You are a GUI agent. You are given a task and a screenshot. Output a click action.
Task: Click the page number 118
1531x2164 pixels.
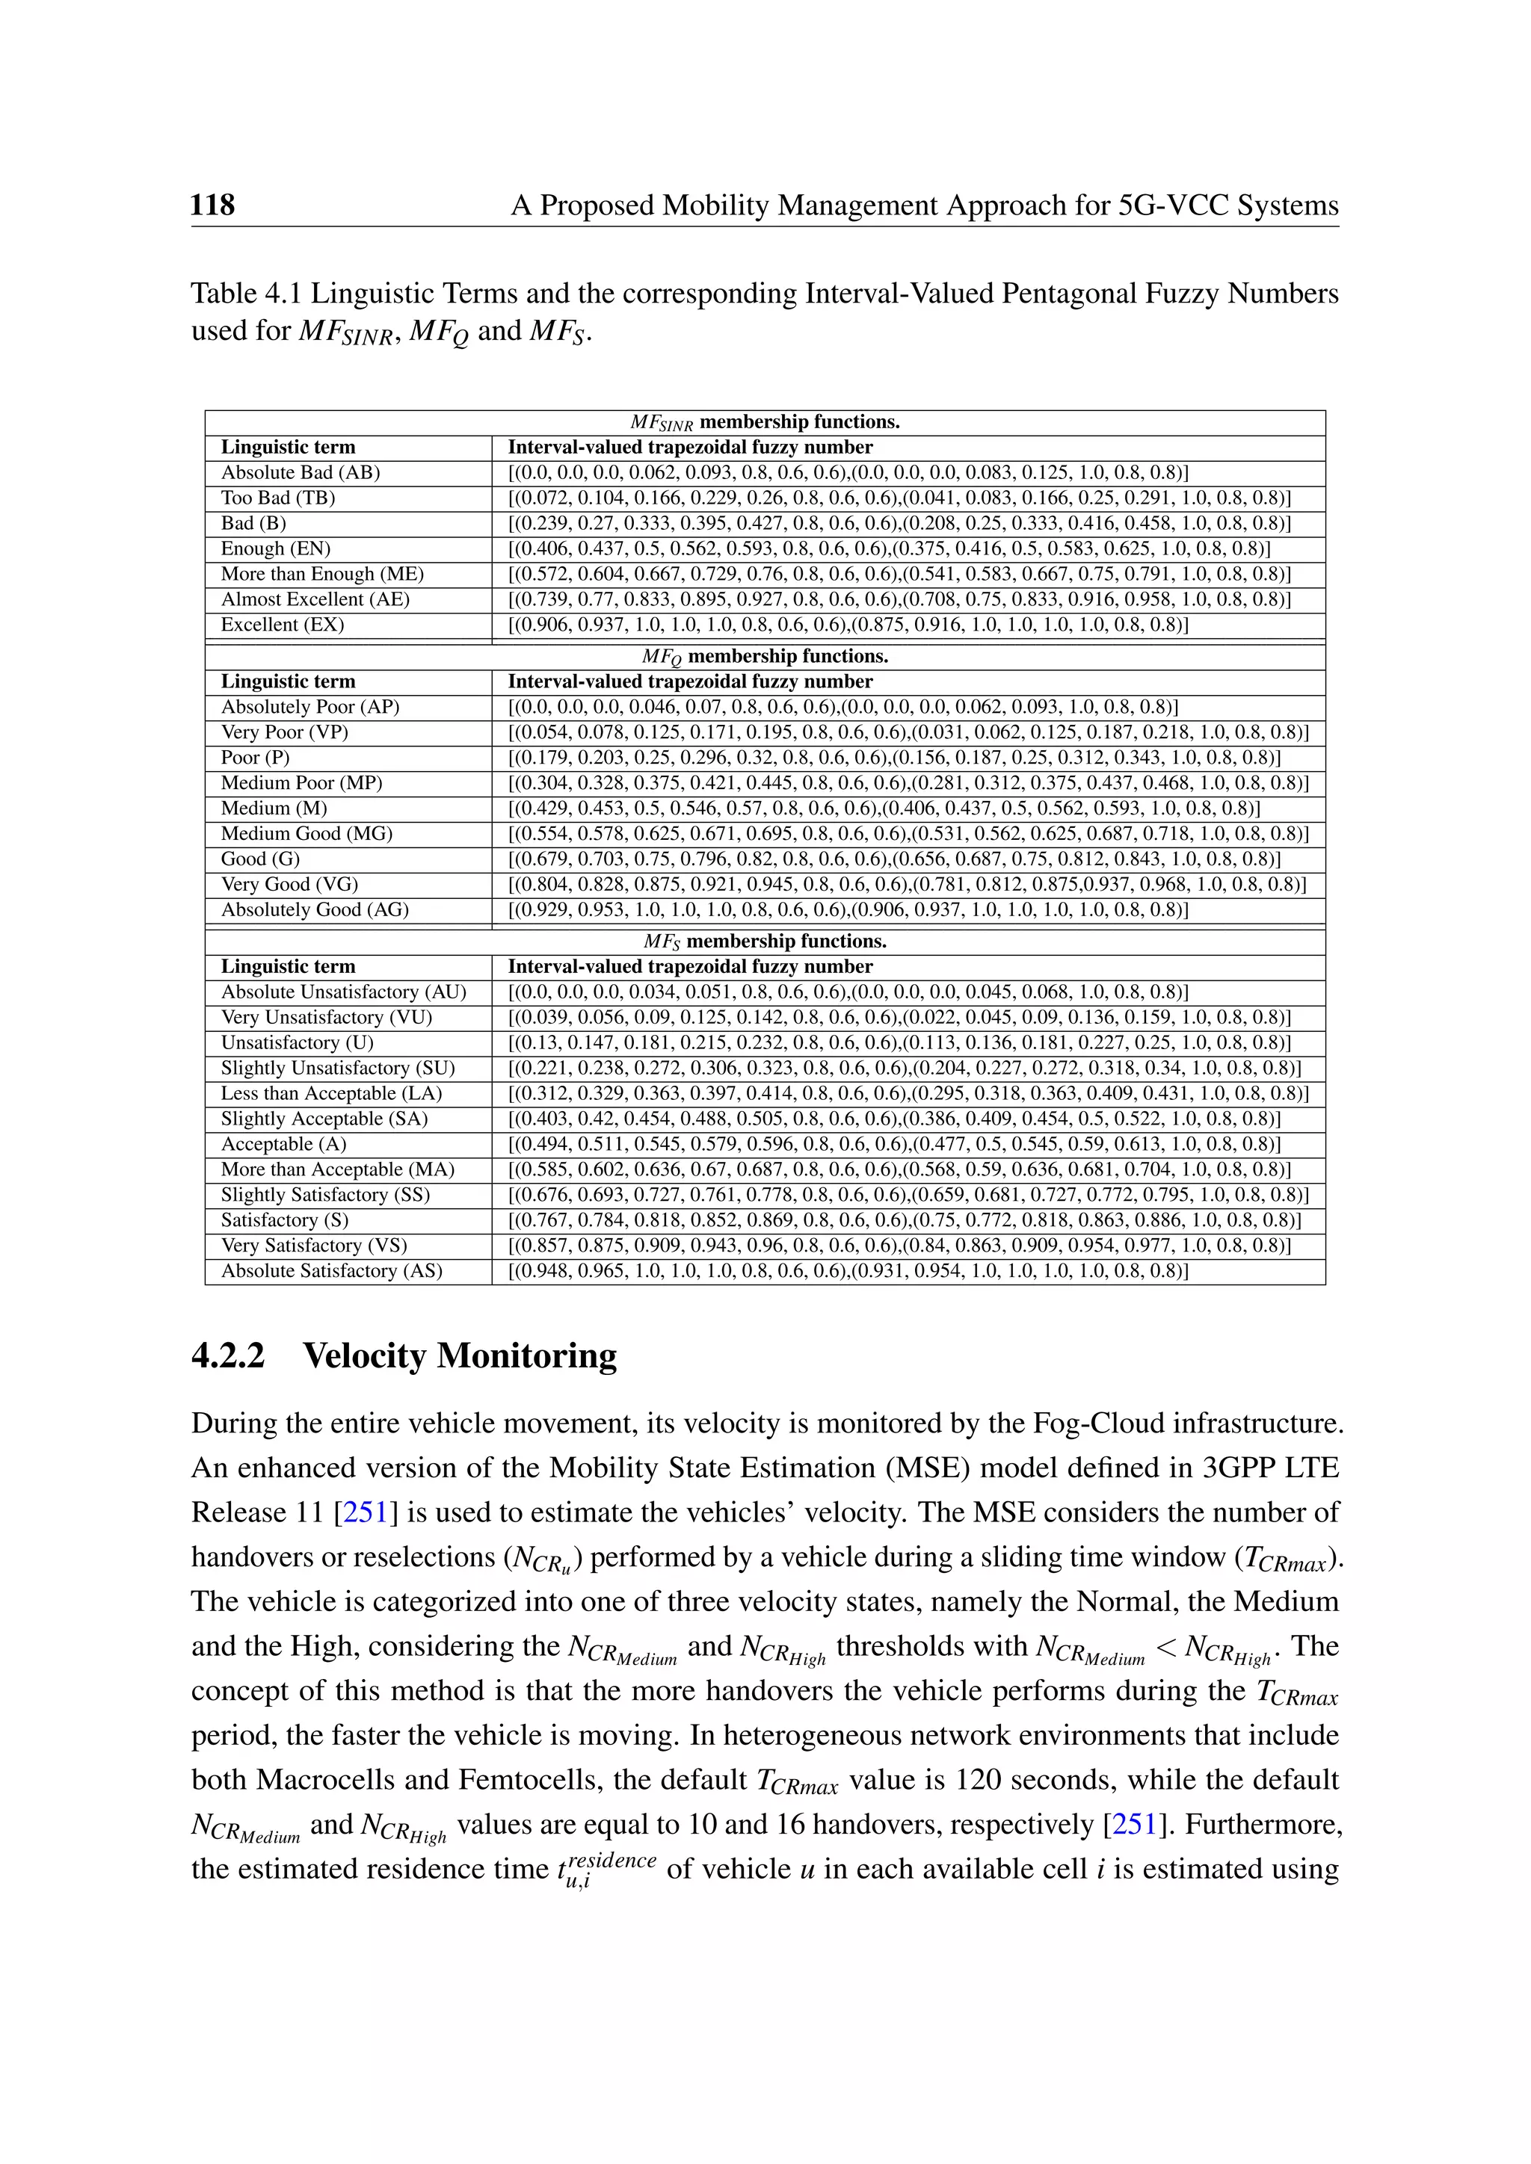(x=212, y=205)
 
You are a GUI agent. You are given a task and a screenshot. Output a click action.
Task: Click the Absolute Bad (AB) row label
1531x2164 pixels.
(x=300, y=472)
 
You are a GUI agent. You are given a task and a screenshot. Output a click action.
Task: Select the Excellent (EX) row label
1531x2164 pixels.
(x=282, y=624)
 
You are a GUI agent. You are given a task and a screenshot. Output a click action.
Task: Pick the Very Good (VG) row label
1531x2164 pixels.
(x=289, y=884)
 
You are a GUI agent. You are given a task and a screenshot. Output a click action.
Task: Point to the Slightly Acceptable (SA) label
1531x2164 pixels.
(x=324, y=1118)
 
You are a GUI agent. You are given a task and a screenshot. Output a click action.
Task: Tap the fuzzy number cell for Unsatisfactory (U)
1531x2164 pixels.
(x=899, y=1042)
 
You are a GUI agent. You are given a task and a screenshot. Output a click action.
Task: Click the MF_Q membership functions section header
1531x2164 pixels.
(x=765, y=656)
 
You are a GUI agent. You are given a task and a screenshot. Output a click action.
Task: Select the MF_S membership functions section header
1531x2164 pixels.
(x=765, y=941)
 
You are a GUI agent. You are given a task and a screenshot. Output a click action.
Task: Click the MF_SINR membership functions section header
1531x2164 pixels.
(x=765, y=422)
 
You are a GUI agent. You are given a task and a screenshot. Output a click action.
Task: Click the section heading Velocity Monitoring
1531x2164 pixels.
(x=459, y=1356)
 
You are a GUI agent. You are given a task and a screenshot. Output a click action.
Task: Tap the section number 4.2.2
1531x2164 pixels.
(x=227, y=1356)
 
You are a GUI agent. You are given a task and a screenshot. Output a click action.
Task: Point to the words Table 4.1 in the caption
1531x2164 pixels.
(x=246, y=294)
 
